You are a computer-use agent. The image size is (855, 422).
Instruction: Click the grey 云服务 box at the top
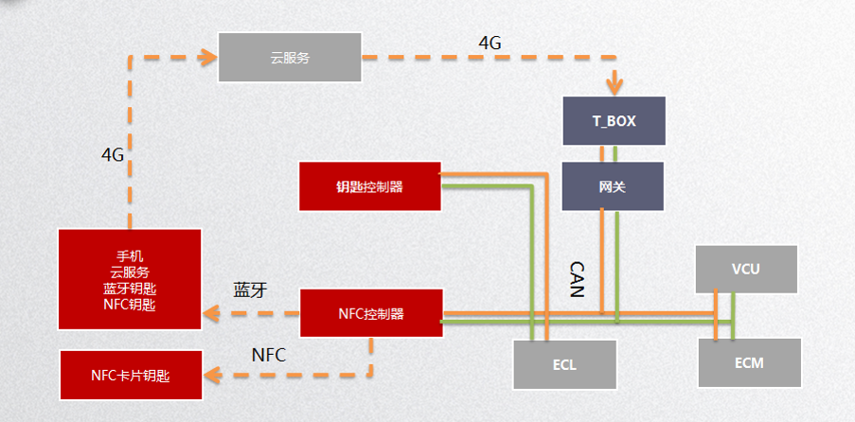coord(289,57)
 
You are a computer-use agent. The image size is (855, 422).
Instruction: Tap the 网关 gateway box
coord(613,186)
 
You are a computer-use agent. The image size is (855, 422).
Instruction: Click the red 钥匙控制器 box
coord(369,186)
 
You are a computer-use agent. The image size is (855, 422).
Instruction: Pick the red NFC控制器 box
coord(371,313)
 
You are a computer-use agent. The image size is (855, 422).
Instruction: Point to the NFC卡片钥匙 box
coord(132,375)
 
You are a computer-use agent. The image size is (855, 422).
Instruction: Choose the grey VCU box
coord(745,270)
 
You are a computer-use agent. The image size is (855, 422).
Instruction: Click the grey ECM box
coord(748,362)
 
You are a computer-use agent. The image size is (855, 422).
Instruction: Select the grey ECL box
coord(564,363)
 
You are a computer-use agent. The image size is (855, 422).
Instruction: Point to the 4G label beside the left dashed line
coord(113,154)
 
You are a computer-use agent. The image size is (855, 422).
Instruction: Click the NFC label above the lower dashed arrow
coord(269,355)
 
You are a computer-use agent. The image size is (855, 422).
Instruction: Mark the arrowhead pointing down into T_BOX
coord(615,89)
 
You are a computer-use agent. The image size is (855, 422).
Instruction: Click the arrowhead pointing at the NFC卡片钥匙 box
coord(212,376)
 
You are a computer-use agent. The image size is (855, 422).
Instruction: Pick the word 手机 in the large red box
coord(130,256)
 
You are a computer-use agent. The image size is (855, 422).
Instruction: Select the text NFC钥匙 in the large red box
coord(130,305)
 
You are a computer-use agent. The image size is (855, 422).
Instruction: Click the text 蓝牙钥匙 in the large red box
coord(130,289)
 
